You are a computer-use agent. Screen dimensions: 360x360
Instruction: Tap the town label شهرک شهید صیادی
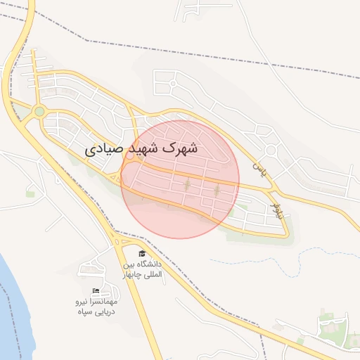click(x=141, y=149)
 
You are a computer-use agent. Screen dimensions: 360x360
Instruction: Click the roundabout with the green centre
click(x=39, y=111)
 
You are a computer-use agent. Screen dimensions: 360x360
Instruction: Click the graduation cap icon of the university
click(x=141, y=254)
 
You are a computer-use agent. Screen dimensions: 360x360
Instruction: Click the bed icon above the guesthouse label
click(x=96, y=291)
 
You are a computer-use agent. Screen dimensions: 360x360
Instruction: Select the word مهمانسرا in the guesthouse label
click(x=110, y=301)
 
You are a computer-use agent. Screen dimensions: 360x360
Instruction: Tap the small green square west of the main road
click(x=30, y=192)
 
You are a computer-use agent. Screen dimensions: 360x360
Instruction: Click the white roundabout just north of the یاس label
click(x=271, y=150)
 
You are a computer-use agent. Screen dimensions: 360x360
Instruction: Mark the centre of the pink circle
click(x=180, y=179)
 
